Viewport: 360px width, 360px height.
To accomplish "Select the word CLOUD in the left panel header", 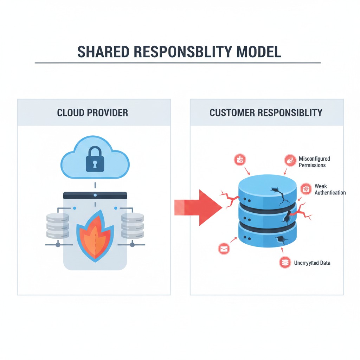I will [x=70, y=113].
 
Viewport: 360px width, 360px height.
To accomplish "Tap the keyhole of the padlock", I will [x=95, y=164].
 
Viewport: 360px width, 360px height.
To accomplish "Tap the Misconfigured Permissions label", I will [x=314, y=162].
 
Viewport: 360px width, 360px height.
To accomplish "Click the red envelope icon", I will [x=224, y=249].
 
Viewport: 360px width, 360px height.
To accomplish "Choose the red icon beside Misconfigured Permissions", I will [x=289, y=160].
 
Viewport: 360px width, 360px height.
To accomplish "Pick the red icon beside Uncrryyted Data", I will [x=285, y=262].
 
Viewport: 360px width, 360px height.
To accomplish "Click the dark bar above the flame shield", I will [x=95, y=194].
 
